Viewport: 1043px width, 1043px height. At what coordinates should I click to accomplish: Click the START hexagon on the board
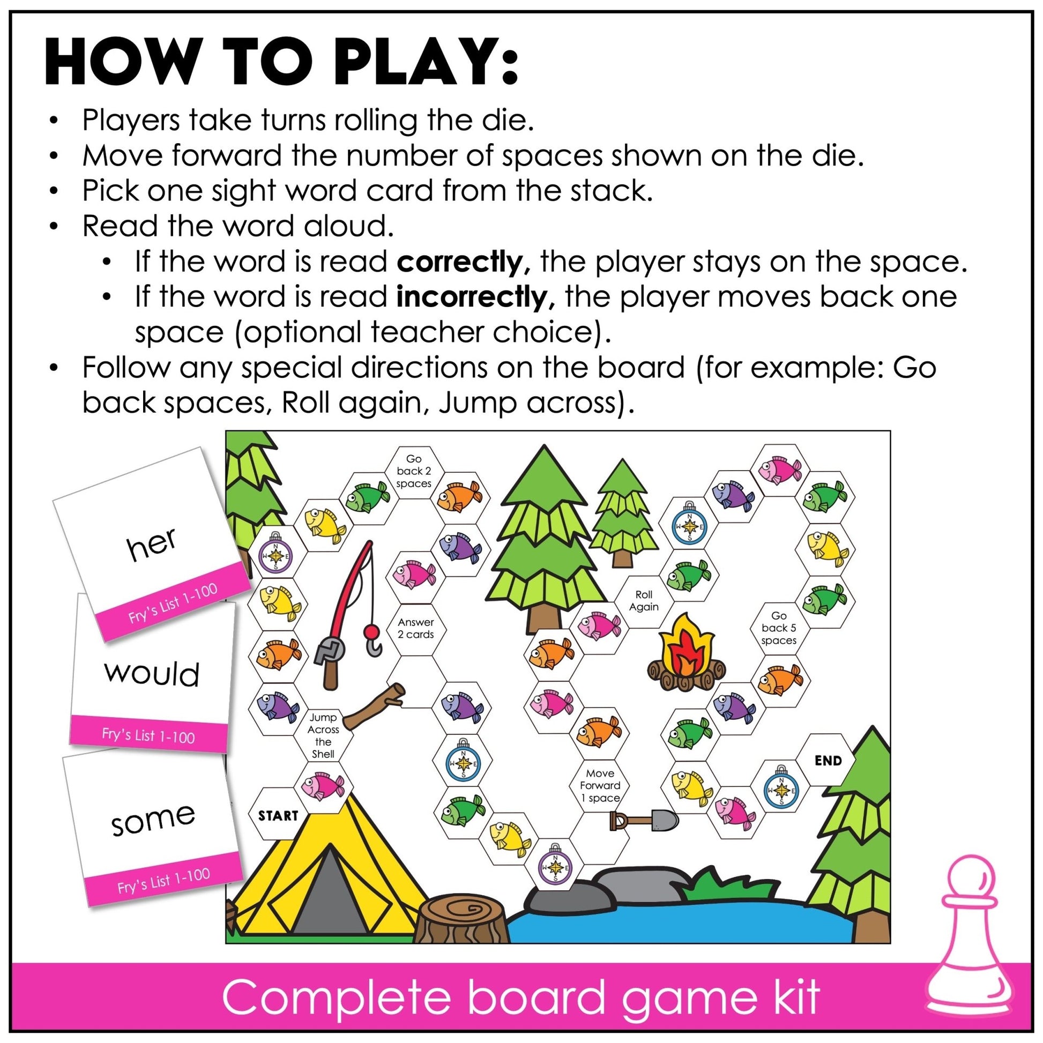click(x=278, y=815)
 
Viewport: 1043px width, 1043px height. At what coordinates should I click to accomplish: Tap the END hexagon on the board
click(x=828, y=761)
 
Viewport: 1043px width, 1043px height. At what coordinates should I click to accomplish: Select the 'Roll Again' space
click(x=644, y=600)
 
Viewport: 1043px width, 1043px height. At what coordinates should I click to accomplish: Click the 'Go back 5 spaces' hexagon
click(x=778, y=628)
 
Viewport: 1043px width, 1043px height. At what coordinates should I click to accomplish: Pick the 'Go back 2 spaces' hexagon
click(x=414, y=471)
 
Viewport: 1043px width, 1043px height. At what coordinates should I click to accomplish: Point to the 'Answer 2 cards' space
click(x=416, y=628)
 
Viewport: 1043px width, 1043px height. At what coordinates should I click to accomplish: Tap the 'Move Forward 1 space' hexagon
click(x=600, y=786)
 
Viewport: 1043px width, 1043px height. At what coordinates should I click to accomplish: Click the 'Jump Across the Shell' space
click(x=323, y=735)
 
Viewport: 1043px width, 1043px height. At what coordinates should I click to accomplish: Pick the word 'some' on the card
click(x=153, y=819)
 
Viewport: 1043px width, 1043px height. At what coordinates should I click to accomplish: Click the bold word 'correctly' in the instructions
click(x=459, y=263)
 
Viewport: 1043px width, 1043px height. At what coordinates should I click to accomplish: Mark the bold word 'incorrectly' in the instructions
click(x=471, y=297)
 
